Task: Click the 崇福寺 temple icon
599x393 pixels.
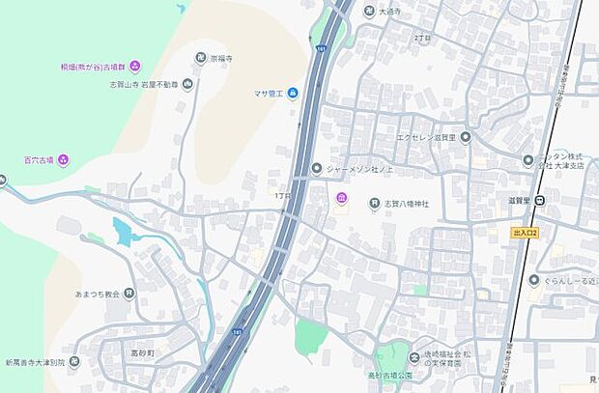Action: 201,58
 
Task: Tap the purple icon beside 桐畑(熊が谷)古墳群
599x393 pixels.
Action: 134,66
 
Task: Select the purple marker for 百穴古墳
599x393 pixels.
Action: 63,159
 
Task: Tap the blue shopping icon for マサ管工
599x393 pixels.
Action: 292,93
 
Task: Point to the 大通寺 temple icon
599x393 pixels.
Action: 369,11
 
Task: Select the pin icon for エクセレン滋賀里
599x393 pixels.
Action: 465,136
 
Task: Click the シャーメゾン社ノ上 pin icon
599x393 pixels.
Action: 316,169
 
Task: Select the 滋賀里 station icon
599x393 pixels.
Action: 539,201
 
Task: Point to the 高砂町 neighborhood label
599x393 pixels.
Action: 142,353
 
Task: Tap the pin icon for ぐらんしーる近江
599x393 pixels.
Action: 534,280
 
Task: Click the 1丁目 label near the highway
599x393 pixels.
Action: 281,195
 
